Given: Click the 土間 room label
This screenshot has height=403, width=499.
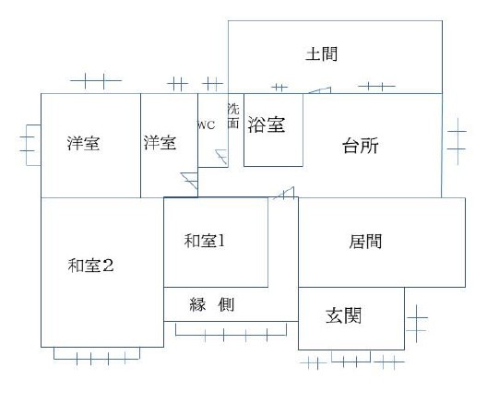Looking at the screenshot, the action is [321, 54].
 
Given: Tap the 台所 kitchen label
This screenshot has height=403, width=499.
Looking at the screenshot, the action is [361, 146].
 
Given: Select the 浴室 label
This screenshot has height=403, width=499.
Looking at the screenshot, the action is [266, 124].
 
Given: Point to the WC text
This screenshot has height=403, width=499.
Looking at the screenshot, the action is [207, 125].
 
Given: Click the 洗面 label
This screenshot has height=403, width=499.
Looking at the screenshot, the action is [233, 116].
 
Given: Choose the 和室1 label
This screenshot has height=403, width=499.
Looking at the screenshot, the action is [205, 241].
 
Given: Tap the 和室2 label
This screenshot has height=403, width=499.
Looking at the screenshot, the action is [90, 266].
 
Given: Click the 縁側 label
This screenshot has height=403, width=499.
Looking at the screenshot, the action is [211, 304].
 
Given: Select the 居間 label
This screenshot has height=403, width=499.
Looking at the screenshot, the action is [365, 242].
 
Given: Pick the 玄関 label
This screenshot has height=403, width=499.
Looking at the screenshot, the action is [343, 315].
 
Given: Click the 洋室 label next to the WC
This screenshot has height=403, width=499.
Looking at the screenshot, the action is [160, 143].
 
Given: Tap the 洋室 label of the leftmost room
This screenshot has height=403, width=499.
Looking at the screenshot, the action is [83, 143].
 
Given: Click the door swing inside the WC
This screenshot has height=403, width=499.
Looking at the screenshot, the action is [221, 157].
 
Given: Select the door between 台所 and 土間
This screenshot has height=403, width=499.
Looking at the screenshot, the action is [319, 90].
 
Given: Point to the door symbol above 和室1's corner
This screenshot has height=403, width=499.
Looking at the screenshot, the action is [285, 193].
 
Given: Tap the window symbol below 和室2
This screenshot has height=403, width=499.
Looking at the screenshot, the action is [97, 356].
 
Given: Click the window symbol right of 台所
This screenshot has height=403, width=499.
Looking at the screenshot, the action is [457, 141].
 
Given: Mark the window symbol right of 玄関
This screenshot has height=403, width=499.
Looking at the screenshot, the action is [417, 324].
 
